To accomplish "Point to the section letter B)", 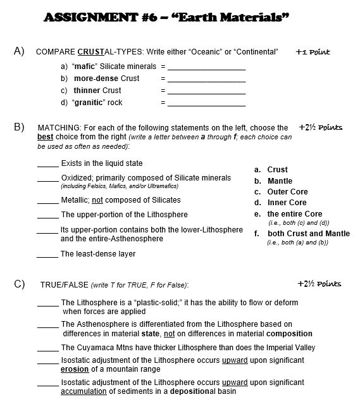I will (x=19, y=127).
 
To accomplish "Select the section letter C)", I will (x=19, y=283).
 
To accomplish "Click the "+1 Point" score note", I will (x=313, y=52).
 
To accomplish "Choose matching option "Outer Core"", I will (x=287, y=192).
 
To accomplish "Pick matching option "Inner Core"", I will (x=287, y=203).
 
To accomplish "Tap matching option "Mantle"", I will (x=280, y=181).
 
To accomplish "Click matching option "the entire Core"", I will (x=294, y=214).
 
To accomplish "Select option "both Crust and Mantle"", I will (x=308, y=234).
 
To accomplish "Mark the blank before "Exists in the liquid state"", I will (x=48, y=164).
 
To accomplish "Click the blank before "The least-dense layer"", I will (x=48, y=255).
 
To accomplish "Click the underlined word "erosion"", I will (x=75, y=369).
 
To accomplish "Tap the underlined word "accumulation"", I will (x=83, y=391).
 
